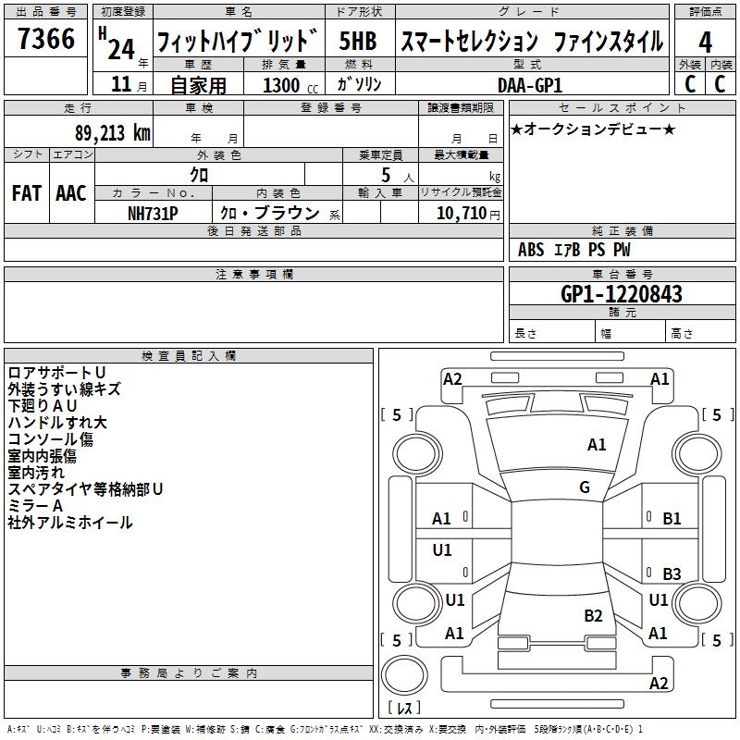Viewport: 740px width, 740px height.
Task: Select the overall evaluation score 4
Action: (x=706, y=42)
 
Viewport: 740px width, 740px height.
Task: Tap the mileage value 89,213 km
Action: (x=103, y=133)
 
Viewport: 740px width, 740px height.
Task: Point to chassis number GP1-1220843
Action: (x=622, y=294)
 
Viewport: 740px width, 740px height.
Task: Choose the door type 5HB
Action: (x=358, y=42)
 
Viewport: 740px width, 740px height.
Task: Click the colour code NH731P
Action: (x=153, y=213)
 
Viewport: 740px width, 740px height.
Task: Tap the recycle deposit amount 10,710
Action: (x=459, y=214)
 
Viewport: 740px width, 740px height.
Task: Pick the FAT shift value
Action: (x=27, y=193)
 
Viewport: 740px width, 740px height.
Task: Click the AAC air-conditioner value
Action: (x=71, y=193)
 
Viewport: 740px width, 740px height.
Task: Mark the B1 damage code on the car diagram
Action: (x=672, y=519)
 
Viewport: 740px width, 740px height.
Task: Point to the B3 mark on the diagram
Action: (x=672, y=573)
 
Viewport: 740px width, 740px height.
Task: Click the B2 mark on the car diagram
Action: (x=593, y=616)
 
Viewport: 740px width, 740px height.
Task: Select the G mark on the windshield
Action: (x=584, y=487)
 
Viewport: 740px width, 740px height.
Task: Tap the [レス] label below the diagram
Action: (x=404, y=708)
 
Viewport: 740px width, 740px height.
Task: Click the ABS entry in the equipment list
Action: (x=531, y=250)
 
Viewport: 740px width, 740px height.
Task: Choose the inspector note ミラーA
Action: (x=35, y=506)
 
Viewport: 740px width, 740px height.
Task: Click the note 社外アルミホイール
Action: (x=70, y=523)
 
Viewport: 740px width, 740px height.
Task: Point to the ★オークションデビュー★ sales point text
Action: (x=593, y=129)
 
